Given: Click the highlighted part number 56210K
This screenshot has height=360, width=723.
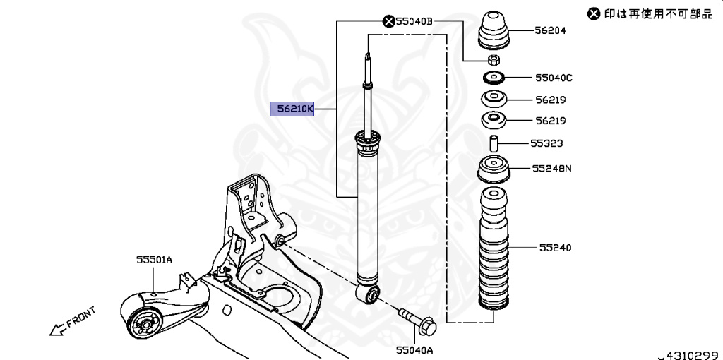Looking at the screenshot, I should click(x=292, y=109).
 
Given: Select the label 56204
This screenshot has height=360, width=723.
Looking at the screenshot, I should click(x=550, y=31).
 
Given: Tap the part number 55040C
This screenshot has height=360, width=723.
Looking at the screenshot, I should click(x=554, y=77).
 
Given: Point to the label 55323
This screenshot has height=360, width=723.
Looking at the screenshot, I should click(x=547, y=143).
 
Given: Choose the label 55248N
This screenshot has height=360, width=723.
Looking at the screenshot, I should click(x=553, y=169).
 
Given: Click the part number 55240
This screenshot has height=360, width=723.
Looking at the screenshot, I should click(x=555, y=248).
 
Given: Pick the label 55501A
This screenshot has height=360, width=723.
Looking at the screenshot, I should click(x=154, y=260).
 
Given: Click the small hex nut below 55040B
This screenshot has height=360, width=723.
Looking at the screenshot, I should click(x=494, y=59).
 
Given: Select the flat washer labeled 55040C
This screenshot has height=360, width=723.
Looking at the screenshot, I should click(x=494, y=77).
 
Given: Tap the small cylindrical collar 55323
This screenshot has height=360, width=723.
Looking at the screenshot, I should click(x=494, y=143).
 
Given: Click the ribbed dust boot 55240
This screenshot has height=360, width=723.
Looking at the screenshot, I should click(x=494, y=251).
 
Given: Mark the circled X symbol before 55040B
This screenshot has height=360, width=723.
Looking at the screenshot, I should click(x=388, y=22).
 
